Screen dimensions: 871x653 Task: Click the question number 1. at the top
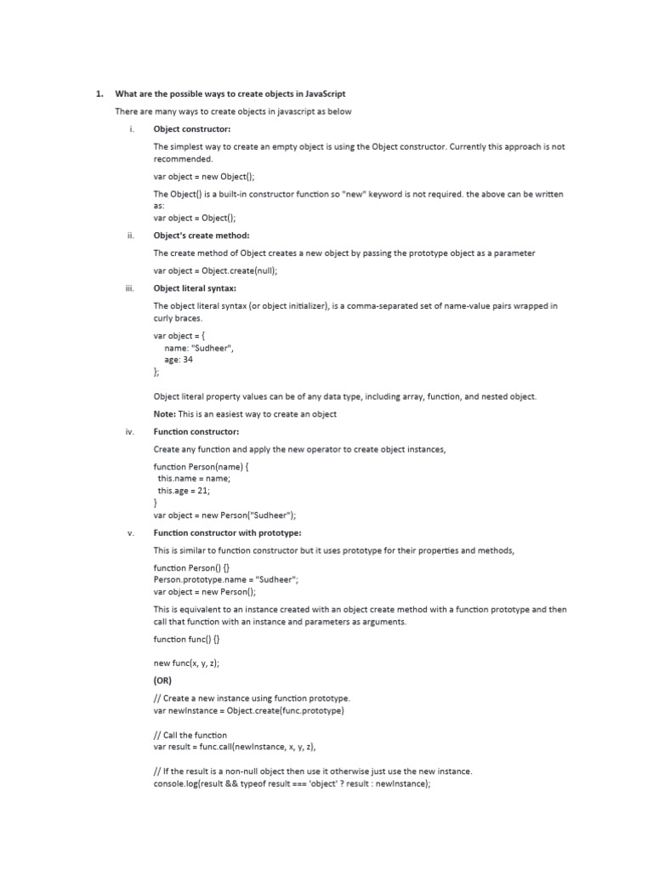pyautogui.click(x=99, y=94)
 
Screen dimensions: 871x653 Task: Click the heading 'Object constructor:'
pyautogui.click(x=192, y=129)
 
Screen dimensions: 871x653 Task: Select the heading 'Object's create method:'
pyautogui.click(x=202, y=236)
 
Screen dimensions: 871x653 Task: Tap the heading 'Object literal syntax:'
pyautogui.click(x=195, y=288)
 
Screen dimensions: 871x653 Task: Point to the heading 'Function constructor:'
pyautogui.click(x=196, y=431)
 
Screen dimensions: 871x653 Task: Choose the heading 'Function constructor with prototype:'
pyautogui.click(x=227, y=532)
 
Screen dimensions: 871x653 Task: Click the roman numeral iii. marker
pyautogui.click(x=129, y=288)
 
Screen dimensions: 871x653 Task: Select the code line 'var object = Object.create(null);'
pyautogui.click(x=216, y=270)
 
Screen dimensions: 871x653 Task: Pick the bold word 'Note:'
pyautogui.click(x=164, y=414)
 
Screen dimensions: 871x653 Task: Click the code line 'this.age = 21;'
pyautogui.click(x=184, y=491)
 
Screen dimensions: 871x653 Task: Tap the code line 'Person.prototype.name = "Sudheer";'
pyautogui.click(x=226, y=579)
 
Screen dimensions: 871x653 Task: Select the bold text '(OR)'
pyautogui.click(x=162, y=680)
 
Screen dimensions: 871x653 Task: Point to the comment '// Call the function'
pyautogui.click(x=190, y=734)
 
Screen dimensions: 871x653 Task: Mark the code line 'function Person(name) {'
pyautogui.click(x=201, y=467)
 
